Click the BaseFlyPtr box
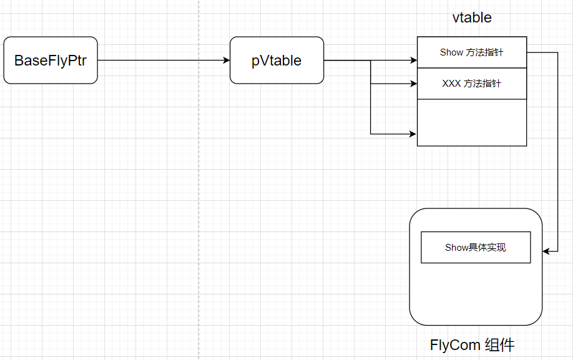click(51, 61)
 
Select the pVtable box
click(277, 61)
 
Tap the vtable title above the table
click(472, 17)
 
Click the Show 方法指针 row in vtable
click(471, 52)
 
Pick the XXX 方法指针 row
click(471, 84)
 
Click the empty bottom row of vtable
click(471, 123)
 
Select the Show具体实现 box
click(476, 248)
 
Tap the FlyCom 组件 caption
click(473, 345)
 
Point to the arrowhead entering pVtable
click(227, 61)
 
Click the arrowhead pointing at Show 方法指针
click(413, 61)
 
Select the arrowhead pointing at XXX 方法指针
click(413, 83)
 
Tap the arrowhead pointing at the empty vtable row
click(413, 134)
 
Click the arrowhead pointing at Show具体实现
click(546, 251)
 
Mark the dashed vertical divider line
click(199, 187)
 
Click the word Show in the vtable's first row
click(451, 52)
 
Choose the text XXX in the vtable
click(451, 84)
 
